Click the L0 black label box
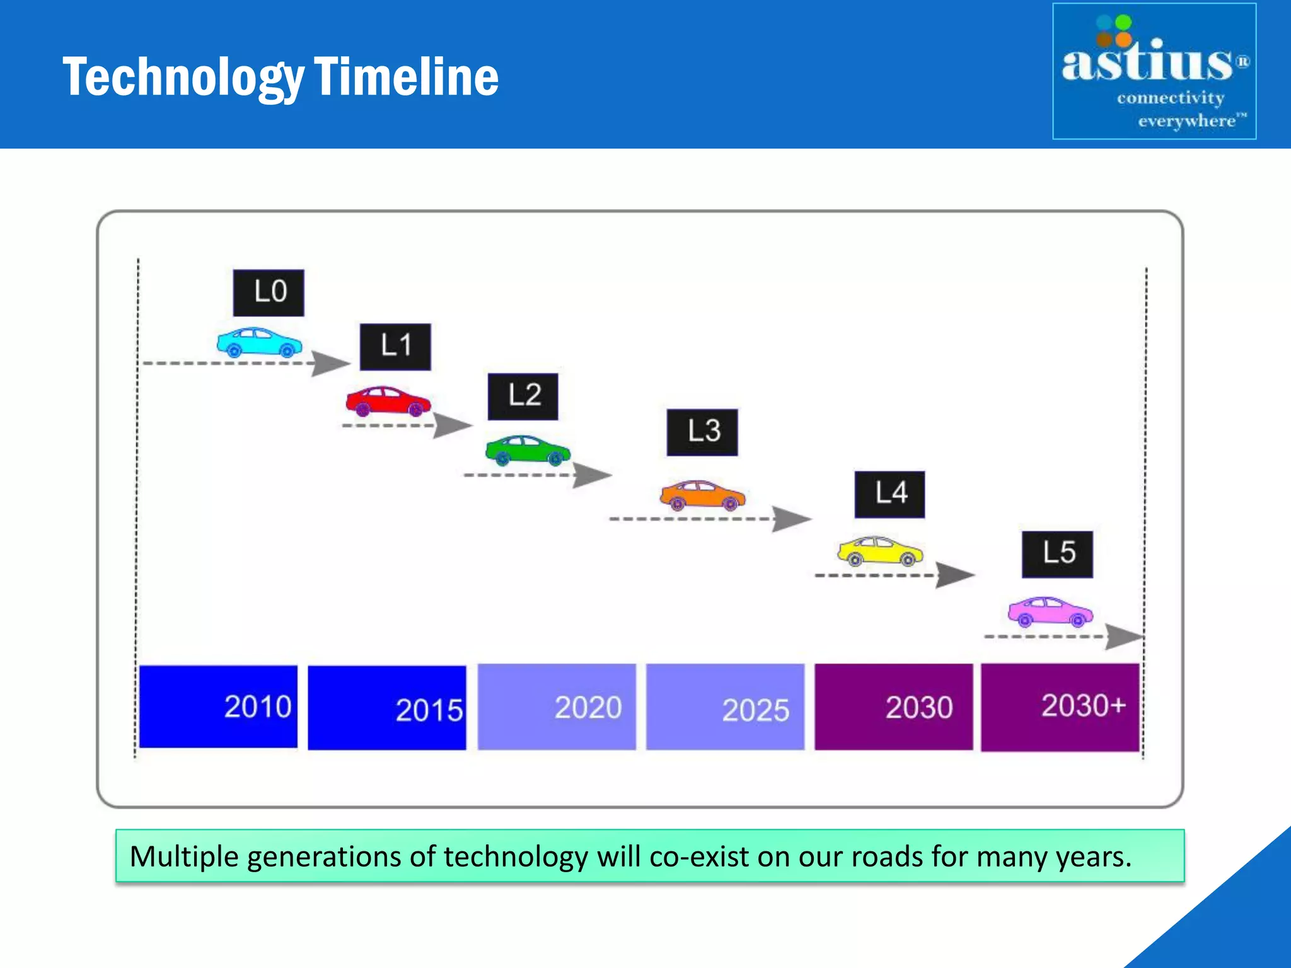tap(269, 293)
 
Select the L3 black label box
tap(702, 432)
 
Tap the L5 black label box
tap(1057, 554)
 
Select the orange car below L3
tap(702, 495)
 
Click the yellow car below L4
tap(880, 551)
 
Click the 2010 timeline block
tap(218, 706)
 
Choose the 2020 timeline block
tap(557, 706)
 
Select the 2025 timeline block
tap(725, 706)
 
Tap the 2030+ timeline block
tap(1060, 706)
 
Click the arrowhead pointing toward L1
tap(330, 364)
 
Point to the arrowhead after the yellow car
tap(954, 575)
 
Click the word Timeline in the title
tap(406, 77)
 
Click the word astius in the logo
tap(1146, 63)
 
